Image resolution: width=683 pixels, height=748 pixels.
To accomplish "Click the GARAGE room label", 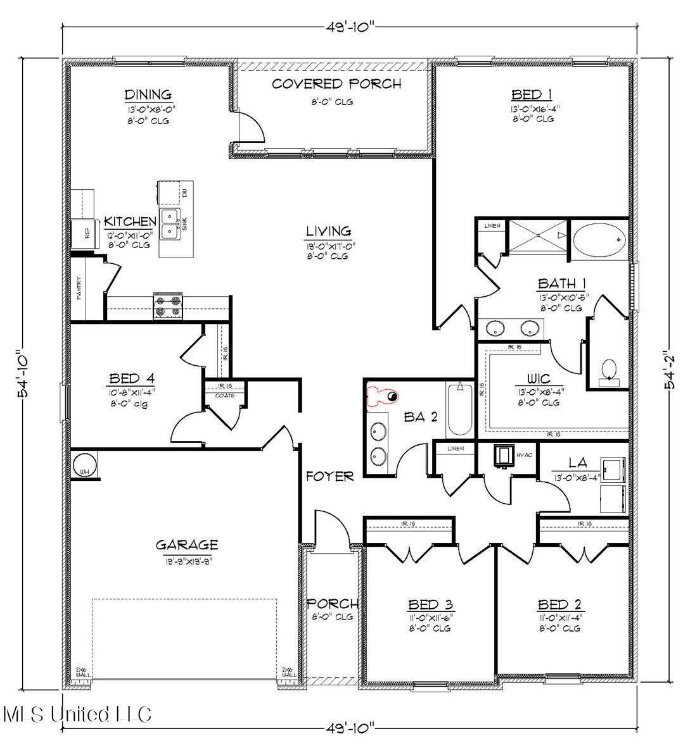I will click(x=187, y=544).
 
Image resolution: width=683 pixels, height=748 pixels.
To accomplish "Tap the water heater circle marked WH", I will click(x=83, y=466).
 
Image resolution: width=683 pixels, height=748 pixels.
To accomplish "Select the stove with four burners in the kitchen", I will click(x=169, y=308).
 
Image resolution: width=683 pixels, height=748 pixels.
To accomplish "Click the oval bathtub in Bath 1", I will click(x=599, y=240).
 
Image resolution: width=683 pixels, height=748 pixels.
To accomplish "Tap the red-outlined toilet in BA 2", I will click(x=383, y=397).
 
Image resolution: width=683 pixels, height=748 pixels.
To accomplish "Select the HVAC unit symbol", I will click(x=504, y=455).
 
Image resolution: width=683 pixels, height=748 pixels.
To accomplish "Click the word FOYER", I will click(x=329, y=477).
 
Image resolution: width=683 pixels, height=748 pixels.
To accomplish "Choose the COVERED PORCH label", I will click(x=336, y=84).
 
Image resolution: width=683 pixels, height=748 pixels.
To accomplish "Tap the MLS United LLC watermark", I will click(x=77, y=714).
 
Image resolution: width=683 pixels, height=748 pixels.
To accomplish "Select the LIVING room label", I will click(x=328, y=232).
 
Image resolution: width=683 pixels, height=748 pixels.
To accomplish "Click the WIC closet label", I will click(x=538, y=379).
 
